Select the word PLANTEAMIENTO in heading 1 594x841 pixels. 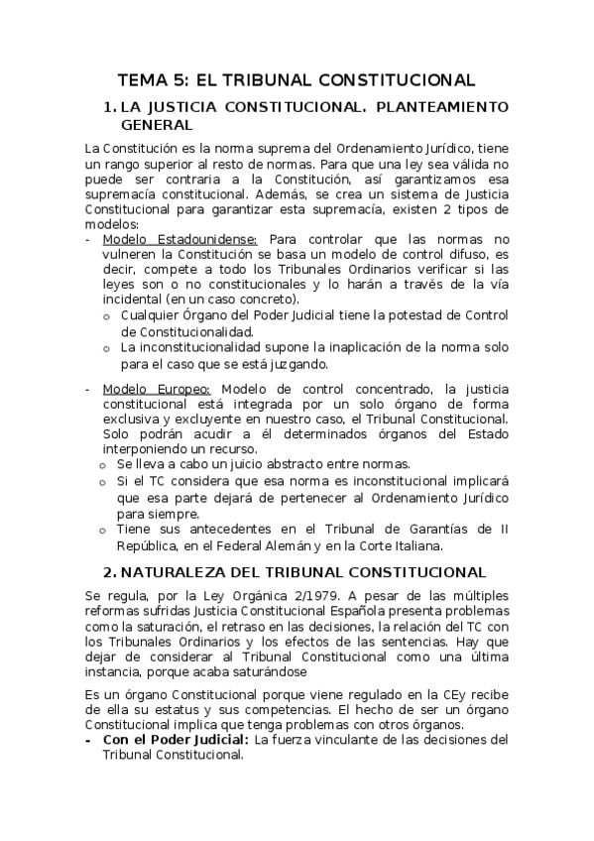(442, 106)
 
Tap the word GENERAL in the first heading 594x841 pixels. (157, 126)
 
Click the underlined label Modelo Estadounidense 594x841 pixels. (179, 239)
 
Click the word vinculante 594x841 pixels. (358, 739)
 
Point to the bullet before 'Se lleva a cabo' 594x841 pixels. (104, 464)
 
